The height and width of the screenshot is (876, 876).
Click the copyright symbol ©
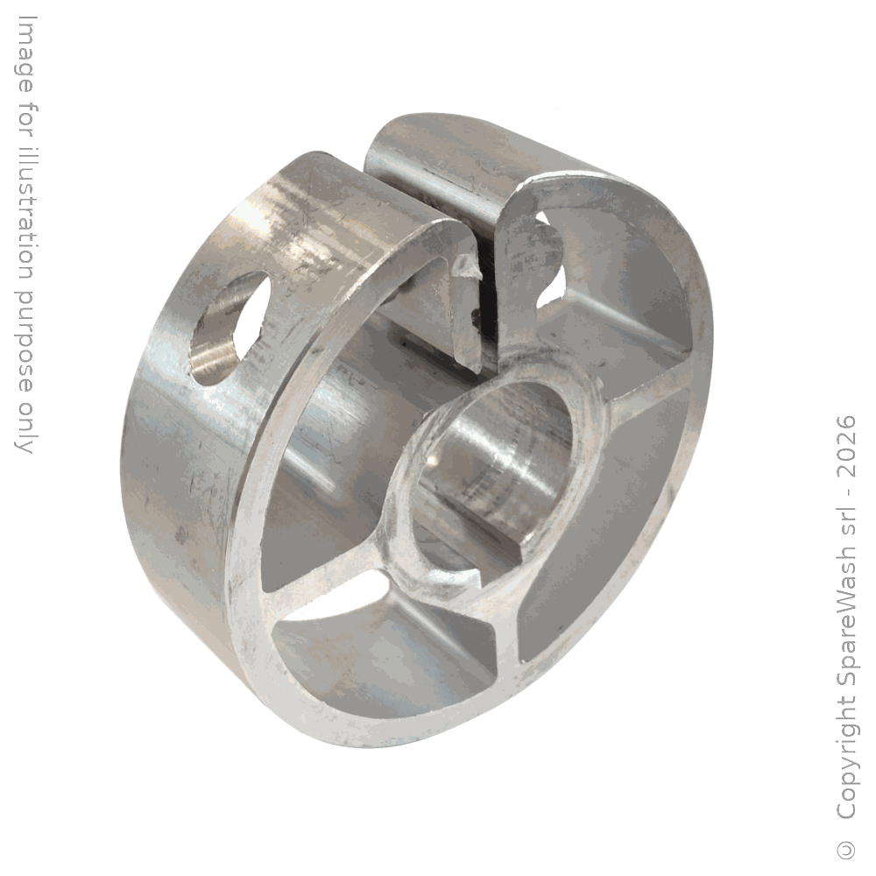(847, 850)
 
